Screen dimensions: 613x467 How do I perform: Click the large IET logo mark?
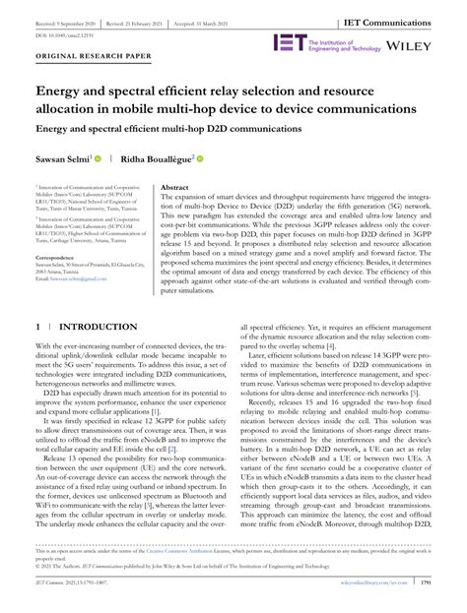click(x=291, y=43)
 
